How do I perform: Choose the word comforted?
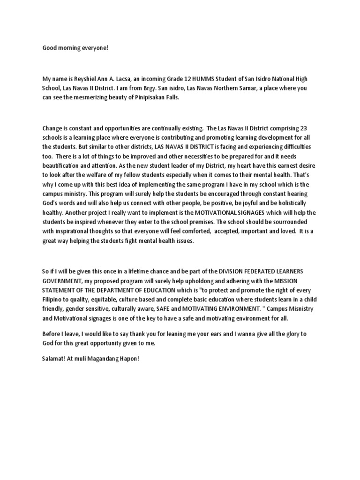point(193,231)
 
